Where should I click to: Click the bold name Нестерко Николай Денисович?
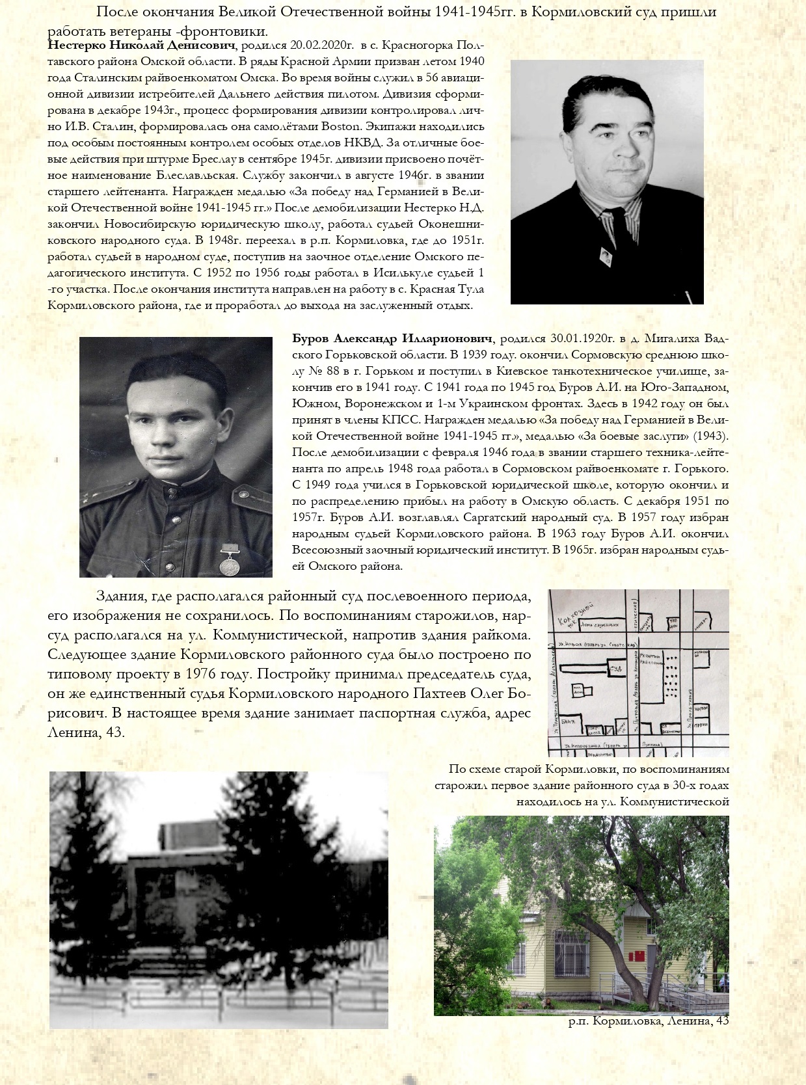141,46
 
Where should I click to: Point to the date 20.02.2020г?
322,46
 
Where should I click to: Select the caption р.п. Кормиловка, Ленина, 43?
648,1021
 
